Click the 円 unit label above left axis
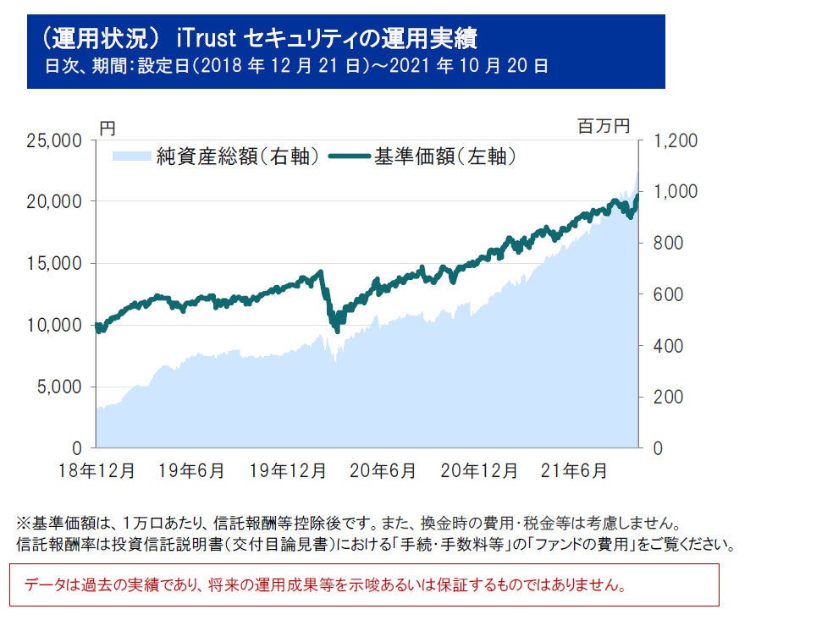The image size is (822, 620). [x=108, y=128]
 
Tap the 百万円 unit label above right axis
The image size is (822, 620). [x=604, y=127]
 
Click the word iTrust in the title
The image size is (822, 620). [x=209, y=39]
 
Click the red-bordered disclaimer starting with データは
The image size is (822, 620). [x=364, y=584]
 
